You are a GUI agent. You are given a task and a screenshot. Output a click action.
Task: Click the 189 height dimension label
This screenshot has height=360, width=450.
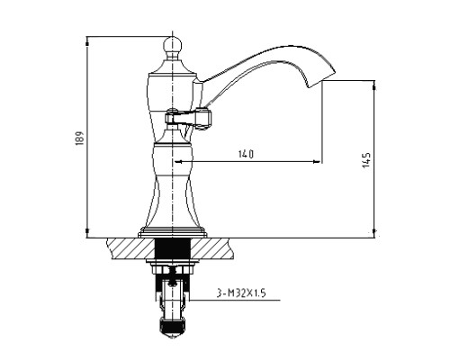point(79,138)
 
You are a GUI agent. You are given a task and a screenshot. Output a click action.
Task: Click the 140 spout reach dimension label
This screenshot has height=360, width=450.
point(246,154)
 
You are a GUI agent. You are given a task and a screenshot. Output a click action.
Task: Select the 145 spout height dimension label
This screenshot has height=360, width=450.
point(366,160)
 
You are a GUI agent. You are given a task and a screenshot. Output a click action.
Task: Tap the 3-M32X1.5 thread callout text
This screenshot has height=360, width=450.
point(241,292)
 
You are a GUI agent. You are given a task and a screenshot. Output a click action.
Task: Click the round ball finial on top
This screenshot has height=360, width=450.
point(173,46)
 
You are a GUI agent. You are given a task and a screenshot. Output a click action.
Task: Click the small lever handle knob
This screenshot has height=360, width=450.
point(205,119)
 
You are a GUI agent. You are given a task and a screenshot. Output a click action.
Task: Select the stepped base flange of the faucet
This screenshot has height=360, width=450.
point(173,232)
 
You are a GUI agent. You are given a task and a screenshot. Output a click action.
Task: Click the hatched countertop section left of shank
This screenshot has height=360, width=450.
point(130,248)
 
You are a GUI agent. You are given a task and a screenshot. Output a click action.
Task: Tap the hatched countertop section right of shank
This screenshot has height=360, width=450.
point(211,248)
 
